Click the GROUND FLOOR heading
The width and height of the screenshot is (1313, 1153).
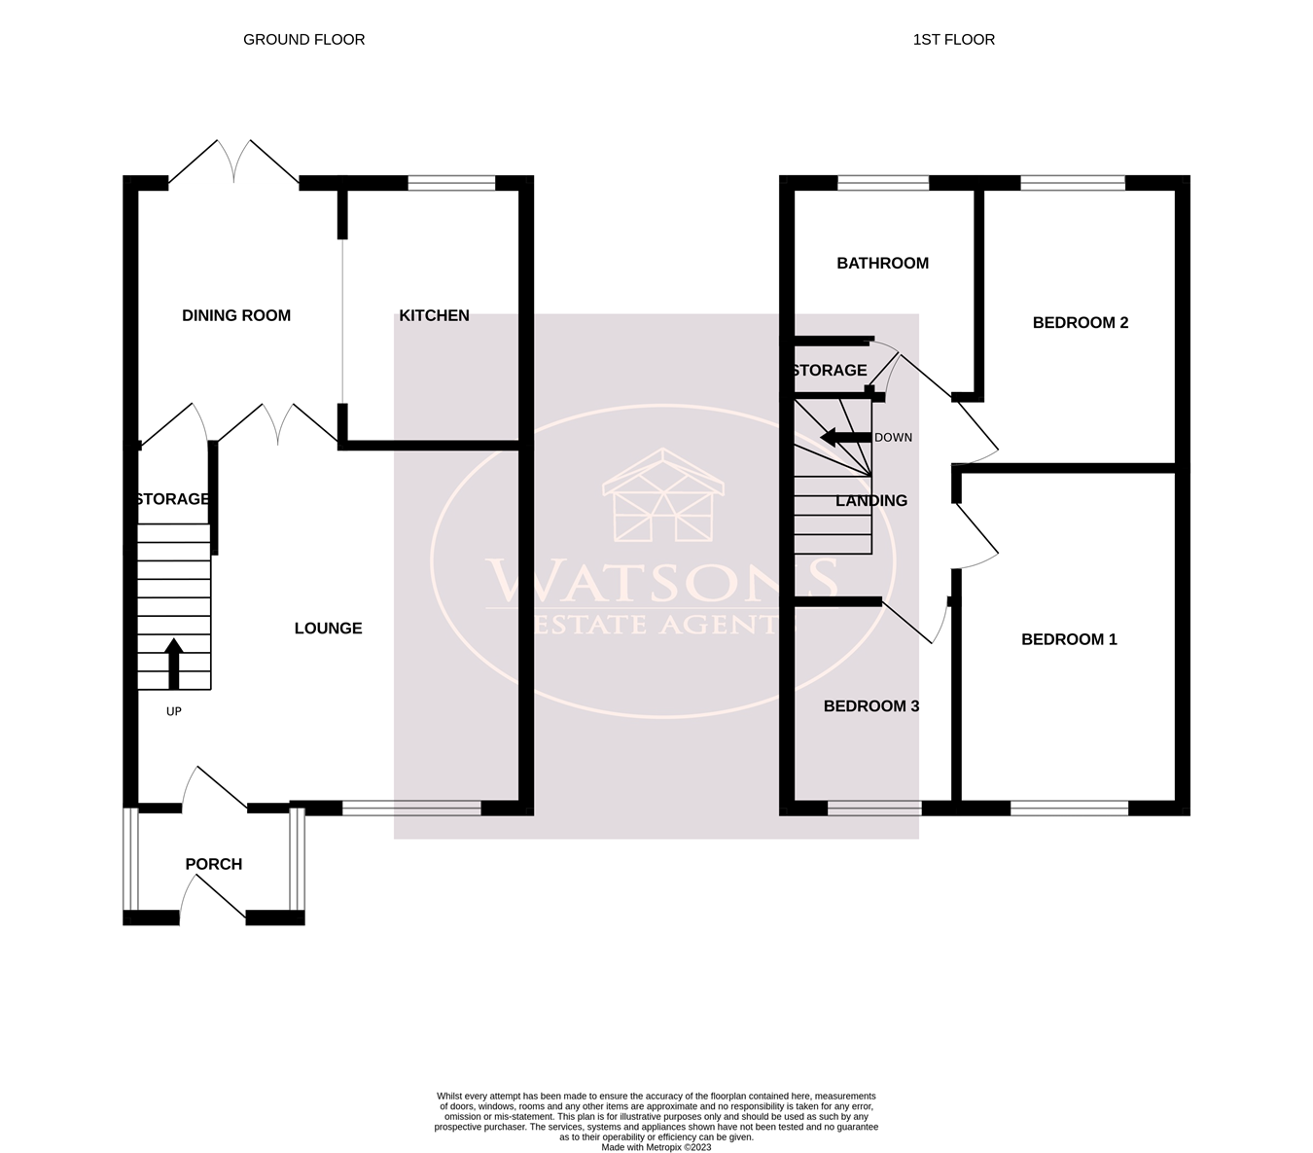[303, 40]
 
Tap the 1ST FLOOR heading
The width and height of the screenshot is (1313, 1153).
[953, 40]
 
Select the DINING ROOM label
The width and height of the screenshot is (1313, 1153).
[236, 315]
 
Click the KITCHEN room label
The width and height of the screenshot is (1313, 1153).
[434, 315]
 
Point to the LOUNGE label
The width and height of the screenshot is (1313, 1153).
[328, 629]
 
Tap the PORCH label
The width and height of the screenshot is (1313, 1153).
[213, 864]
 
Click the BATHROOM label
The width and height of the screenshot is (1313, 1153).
[882, 263]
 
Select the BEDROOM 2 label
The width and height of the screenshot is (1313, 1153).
[1080, 323]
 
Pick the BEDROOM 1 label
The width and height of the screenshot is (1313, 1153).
[1068, 639]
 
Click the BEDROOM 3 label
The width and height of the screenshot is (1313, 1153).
[870, 706]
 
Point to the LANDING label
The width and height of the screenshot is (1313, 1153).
[870, 501]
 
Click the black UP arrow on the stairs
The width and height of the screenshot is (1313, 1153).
[173, 664]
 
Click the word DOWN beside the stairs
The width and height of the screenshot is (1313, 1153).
[893, 438]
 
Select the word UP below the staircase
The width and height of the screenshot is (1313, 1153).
[173, 711]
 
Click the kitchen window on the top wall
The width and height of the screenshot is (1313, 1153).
[451, 182]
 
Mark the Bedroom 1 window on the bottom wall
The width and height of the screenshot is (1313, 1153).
[1068, 808]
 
